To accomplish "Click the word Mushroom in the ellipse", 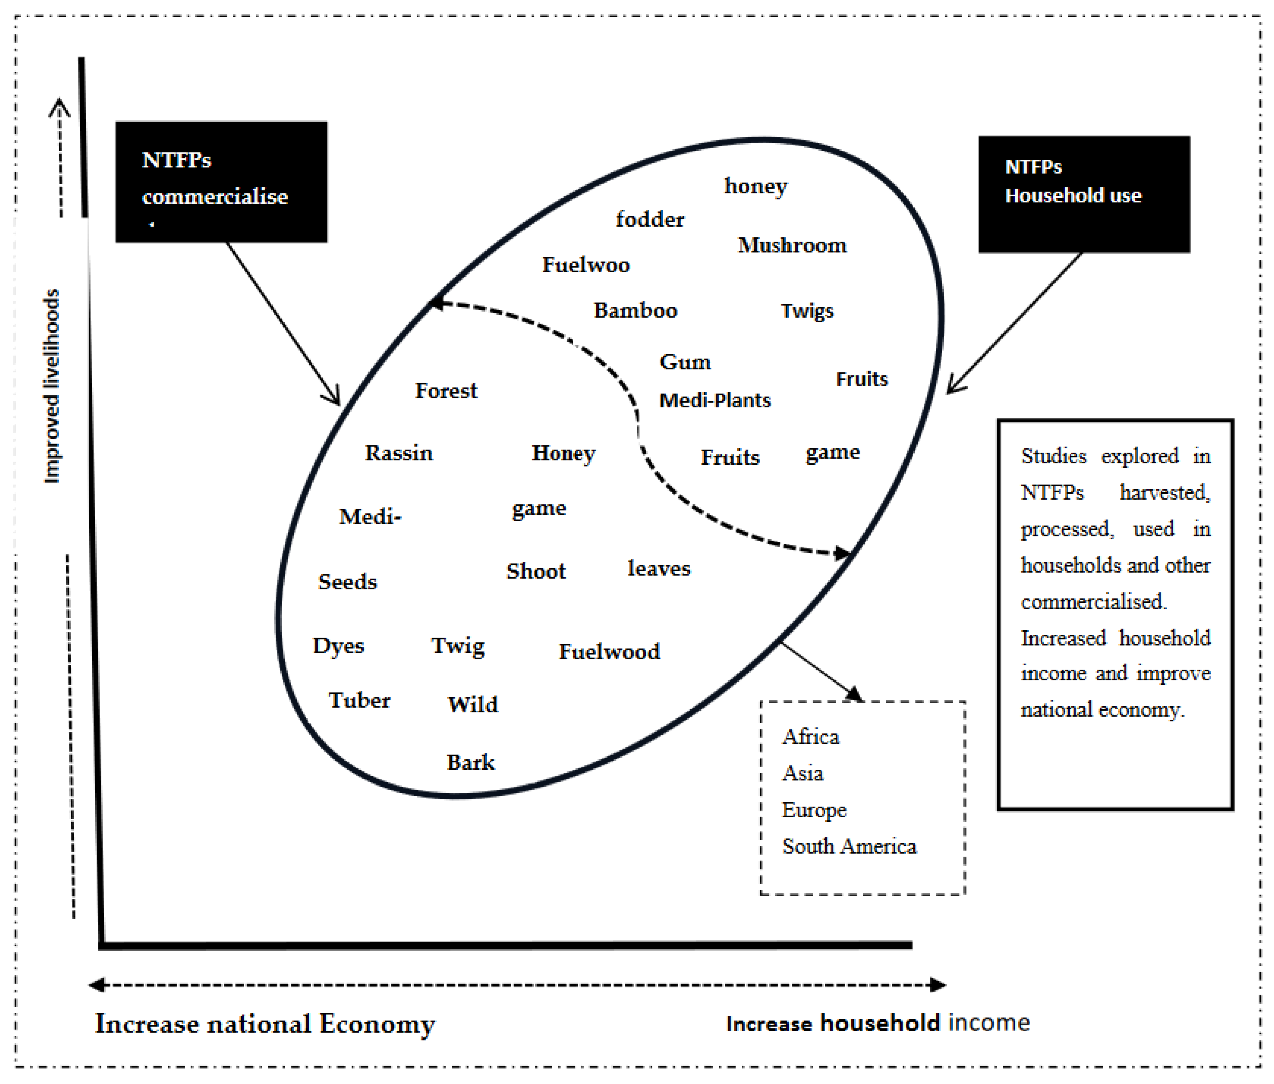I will [x=792, y=245].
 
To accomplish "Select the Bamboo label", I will [x=635, y=310].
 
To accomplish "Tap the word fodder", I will [x=650, y=219].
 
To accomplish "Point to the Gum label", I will [x=685, y=362].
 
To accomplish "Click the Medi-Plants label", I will [x=714, y=401].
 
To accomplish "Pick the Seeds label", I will [x=347, y=581].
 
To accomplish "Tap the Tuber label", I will [x=359, y=700].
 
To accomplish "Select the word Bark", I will [x=470, y=762].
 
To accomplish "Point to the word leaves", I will [x=659, y=569].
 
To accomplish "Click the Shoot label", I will [x=536, y=571].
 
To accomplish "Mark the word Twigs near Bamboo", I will [x=807, y=311].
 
